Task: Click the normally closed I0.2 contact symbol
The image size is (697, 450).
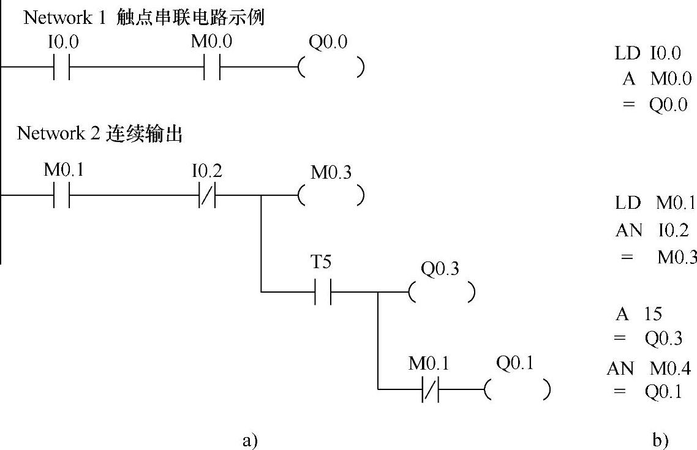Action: tap(206, 197)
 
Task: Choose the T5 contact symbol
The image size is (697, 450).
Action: tap(323, 292)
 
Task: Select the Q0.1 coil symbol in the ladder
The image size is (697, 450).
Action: tap(516, 389)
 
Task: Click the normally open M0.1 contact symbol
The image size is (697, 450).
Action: tap(62, 197)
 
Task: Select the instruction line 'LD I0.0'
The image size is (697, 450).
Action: tap(647, 54)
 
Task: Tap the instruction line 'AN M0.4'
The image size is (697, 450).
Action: tap(649, 369)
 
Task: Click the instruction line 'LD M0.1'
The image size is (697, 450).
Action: tap(655, 203)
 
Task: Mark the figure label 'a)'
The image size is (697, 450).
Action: tap(251, 439)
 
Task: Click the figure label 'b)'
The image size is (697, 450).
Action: tap(660, 439)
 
